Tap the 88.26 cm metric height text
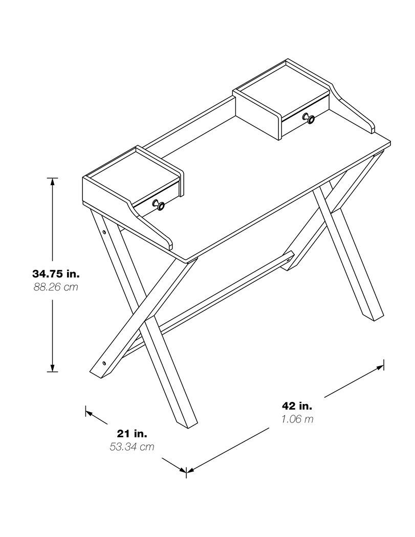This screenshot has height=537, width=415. click(x=56, y=287)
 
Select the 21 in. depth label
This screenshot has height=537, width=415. click(x=132, y=434)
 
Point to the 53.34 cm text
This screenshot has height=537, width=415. click(x=132, y=447)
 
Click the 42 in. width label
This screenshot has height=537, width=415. click(x=297, y=406)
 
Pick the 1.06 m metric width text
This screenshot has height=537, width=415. click(x=297, y=419)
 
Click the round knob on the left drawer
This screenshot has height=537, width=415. click(x=160, y=206)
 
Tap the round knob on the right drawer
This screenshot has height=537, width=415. click(x=310, y=119)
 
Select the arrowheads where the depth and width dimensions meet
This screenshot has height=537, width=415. click(x=185, y=470)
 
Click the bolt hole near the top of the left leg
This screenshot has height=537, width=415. click(x=104, y=232)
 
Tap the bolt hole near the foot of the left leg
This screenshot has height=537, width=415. click(x=104, y=363)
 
